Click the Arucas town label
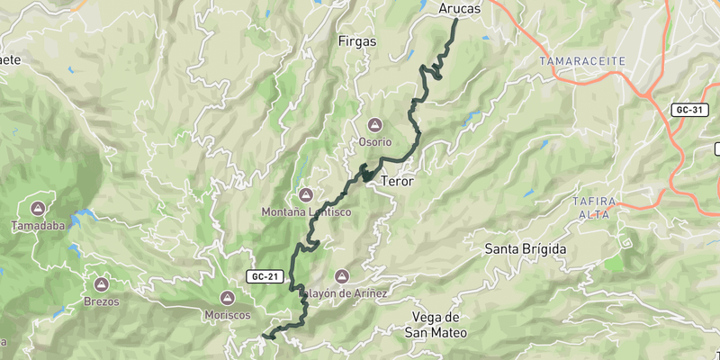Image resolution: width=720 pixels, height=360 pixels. [x=459, y=8]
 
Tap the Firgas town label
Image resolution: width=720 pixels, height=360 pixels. [x=356, y=41]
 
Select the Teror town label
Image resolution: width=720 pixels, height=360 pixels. [x=397, y=182]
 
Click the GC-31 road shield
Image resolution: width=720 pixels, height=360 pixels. [x=688, y=110]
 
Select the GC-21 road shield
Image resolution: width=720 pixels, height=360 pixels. [x=263, y=275]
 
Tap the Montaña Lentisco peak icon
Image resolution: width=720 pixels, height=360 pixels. [x=305, y=195]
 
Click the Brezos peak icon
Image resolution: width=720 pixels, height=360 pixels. [x=101, y=283]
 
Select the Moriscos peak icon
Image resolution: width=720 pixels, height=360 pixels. [x=226, y=298]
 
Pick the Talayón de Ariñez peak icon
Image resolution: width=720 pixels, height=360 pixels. [x=341, y=276]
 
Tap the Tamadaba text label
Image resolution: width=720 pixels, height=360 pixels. [x=38, y=227]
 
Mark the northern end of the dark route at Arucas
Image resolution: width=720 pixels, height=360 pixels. [x=454, y=20]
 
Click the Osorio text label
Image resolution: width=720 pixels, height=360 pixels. [x=375, y=142]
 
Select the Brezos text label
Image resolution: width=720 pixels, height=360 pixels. [x=101, y=301]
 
